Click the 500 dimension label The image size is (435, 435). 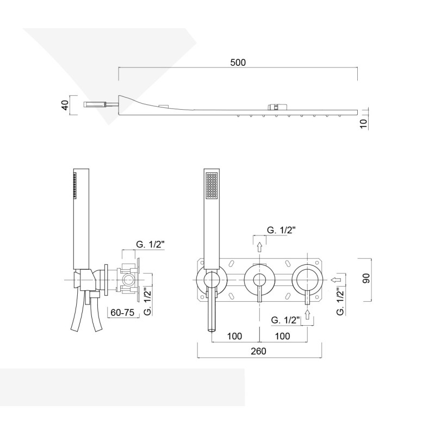click(238, 63)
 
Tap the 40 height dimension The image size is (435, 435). click(65, 105)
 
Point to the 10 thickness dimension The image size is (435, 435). click(364, 123)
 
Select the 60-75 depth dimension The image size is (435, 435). click(122, 312)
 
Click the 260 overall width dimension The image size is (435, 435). click(259, 351)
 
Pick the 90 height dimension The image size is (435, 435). click(366, 278)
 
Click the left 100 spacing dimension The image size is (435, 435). click(235, 336)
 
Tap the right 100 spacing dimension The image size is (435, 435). click(282, 336)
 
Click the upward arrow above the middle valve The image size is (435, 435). click(259, 247)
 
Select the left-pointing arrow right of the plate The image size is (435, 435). click(335, 279)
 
